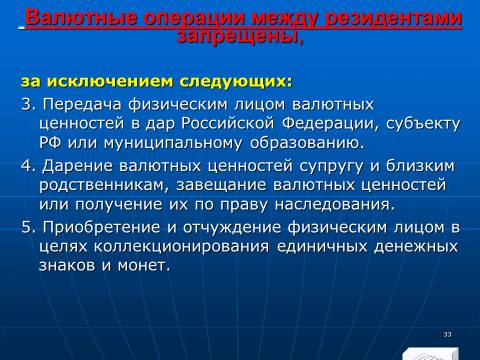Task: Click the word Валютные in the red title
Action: pos(81,19)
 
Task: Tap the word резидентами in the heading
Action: pos(393,19)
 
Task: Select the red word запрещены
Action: pos(240,36)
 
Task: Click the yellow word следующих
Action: pos(236,82)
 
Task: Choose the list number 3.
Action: pos(28,105)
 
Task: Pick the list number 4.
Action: pos(28,166)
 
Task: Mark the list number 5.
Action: pos(28,227)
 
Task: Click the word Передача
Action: pos(82,105)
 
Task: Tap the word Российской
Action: pos(228,124)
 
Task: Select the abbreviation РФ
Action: pos(50,143)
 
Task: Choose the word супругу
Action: pos(331,167)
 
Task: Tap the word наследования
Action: pos(334,205)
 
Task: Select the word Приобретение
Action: pos(101,228)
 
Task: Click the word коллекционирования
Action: pos(181,247)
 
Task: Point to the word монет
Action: pos(144,266)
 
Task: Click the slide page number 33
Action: pos(447,334)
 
